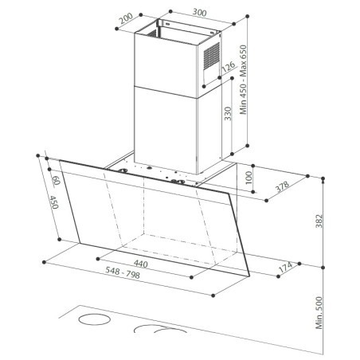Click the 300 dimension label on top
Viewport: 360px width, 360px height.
coord(200,13)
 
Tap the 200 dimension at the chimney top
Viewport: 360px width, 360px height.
coord(126,18)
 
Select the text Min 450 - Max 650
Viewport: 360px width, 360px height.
coord(243,80)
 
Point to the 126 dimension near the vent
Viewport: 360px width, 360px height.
coord(229,67)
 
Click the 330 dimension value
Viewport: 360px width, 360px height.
coord(228,114)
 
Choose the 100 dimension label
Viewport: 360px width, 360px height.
coord(248,178)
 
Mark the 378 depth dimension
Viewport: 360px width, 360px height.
coord(282,186)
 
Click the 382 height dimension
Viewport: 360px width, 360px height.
coord(319,221)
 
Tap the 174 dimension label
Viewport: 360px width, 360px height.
coord(285,267)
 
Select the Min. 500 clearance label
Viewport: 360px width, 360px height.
coord(319,313)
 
